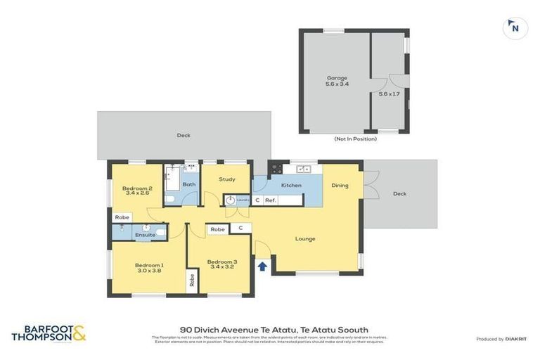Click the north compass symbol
515,28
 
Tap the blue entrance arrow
262,266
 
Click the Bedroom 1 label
149,267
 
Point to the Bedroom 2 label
137,191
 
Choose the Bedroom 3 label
221,264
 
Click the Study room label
226,179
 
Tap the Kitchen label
291,186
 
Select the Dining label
340,186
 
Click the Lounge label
305,239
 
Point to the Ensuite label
145,235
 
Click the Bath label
189,185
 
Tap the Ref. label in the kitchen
271,200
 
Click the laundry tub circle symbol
230,200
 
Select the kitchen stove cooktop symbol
276,169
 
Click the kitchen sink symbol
304,169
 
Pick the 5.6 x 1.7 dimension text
389,94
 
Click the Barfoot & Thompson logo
49,333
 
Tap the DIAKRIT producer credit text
516,339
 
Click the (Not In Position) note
355,139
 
